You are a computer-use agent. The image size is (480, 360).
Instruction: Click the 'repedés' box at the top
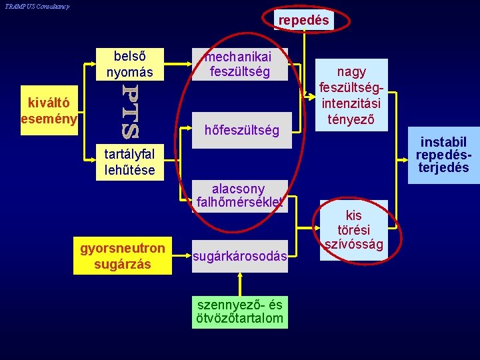(x=303, y=21)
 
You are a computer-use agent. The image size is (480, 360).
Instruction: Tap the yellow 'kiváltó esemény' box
(x=49, y=111)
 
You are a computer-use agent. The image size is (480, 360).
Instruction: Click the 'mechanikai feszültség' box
(x=240, y=64)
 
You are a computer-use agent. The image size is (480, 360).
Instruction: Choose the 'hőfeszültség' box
(x=240, y=131)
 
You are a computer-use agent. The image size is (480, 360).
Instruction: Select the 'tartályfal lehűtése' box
(x=129, y=162)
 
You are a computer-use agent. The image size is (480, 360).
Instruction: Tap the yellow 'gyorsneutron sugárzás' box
(x=123, y=256)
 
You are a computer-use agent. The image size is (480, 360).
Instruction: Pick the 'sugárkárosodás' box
(x=240, y=257)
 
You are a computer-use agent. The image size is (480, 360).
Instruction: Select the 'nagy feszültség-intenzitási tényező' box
(x=352, y=96)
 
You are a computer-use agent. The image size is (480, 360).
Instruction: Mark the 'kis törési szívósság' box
(x=353, y=230)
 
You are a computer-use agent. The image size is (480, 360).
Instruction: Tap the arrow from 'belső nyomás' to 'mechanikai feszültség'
(x=174, y=65)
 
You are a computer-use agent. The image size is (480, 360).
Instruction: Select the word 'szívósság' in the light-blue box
(x=353, y=245)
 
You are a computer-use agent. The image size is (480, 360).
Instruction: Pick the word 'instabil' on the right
(x=443, y=142)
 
